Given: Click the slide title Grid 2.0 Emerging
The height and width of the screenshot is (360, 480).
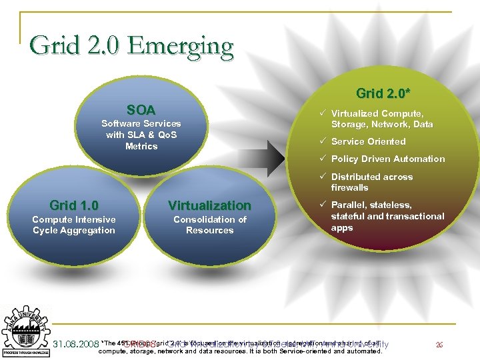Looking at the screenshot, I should coord(131,46).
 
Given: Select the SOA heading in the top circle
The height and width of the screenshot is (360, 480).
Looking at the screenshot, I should coord(141,110).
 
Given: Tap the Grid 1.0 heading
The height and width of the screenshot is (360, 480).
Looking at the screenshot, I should coord(74,205).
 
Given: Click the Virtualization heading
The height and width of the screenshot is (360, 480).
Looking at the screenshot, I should coord(209,205).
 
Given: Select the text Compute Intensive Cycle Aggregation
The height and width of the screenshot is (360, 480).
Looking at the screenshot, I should coord(74,225).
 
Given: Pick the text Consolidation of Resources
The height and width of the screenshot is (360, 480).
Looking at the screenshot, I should coord(209,225).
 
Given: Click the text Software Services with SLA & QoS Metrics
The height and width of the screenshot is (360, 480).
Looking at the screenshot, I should coord(141,135).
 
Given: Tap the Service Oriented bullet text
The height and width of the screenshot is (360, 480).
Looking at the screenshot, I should coord(368,141).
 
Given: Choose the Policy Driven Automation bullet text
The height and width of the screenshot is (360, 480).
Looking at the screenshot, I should coord(387,159).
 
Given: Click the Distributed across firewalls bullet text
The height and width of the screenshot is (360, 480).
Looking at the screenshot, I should coord(371,182).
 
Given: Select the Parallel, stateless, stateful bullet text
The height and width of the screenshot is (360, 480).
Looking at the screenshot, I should coord(387,216).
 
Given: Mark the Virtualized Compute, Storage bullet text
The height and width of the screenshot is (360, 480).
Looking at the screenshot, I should coord(381,119).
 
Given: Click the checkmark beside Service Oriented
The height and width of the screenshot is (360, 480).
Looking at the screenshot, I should coord(322,141).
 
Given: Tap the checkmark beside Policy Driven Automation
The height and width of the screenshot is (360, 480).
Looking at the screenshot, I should coord(322,159).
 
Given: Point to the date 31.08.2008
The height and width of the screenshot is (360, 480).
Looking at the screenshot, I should coord(74,344).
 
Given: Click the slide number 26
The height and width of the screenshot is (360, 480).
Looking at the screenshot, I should coord(439,345).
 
